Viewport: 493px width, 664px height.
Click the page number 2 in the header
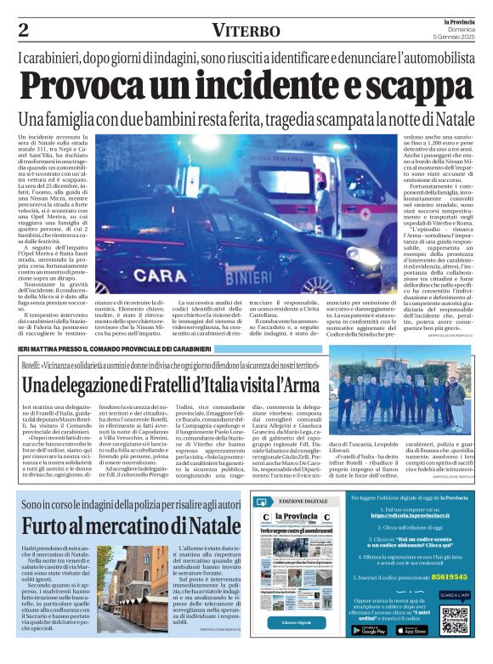click(x=24, y=31)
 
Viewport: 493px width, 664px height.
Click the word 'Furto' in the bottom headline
click(x=47, y=526)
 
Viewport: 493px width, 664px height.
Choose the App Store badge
click(x=413, y=630)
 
